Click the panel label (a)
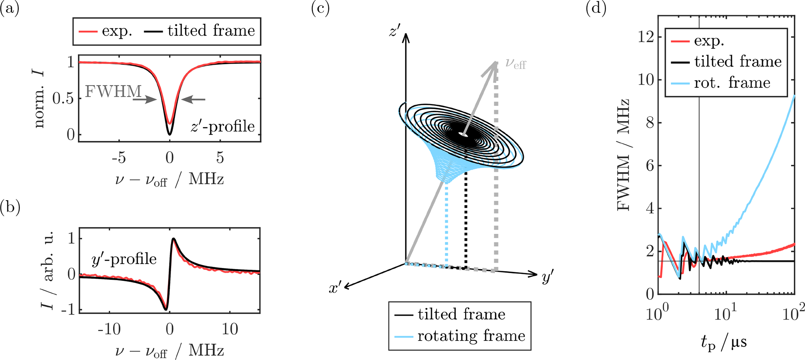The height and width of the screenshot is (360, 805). tap(10, 8)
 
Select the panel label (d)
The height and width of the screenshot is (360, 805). tap(596, 8)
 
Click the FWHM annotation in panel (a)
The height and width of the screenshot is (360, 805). tap(113, 92)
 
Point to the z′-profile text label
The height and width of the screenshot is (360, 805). tap(222, 127)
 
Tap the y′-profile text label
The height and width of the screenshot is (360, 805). tap(124, 259)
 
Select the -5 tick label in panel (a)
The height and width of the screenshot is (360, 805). tap(118, 158)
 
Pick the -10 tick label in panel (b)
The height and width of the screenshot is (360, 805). tap(109, 330)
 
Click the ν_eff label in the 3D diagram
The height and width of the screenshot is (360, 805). tap(515, 64)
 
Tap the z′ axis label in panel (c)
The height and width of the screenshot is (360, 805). tap(394, 30)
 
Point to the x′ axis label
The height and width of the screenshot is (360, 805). tap(335, 288)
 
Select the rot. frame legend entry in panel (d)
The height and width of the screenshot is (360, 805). tap(732, 83)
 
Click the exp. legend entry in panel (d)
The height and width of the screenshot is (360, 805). tap(709, 41)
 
